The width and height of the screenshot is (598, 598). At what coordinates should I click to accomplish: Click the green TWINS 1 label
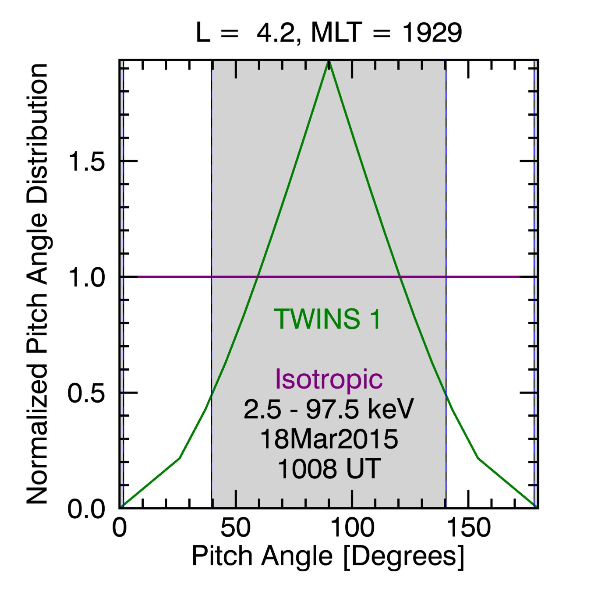pyautogui.click(x=328, y=319)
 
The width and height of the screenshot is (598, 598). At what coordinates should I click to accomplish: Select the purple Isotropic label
pyautogui.click(x=329, y=379)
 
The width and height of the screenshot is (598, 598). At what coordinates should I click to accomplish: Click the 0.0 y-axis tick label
pyautogui.click(x=86, y=509)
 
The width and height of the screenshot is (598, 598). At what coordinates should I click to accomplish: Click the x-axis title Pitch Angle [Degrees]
pyautogui.click(x=328, y=557)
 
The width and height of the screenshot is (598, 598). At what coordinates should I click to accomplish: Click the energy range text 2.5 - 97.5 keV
pyautogui.click(x=329, y=410)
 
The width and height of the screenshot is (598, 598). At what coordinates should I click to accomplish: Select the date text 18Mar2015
pyautogui.click(x=329, y=439)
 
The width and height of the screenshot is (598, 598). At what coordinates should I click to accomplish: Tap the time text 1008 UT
pyautogui.click(x=329, y=469)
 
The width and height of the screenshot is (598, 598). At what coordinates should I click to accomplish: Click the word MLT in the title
pyautogui.click(x=336, y=33)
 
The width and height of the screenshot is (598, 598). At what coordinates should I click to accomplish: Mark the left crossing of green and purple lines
pyautogui.click(x=258, y=277)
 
